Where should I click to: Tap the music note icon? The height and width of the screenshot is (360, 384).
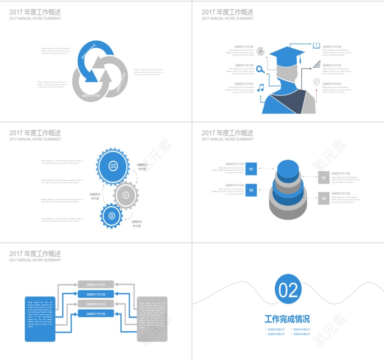click(x=261, y=87)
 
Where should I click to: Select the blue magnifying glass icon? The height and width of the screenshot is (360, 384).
click(x=260, y=69)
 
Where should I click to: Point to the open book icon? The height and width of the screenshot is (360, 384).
click(x=316, y=46)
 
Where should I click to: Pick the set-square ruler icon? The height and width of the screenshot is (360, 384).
click(x=317, y=64)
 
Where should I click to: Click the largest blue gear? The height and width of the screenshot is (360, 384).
click(x=113, y=166)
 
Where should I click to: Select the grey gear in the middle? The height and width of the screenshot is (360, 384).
click(x=126, y=196)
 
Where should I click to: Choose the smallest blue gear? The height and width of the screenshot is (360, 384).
click(x=112, y=216)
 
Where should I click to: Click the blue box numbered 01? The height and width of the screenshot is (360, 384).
click(x=251, y=169)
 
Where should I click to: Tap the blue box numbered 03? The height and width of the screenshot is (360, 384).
click(x=251, y=190)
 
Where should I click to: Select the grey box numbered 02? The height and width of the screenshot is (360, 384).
click(x=324, y=178)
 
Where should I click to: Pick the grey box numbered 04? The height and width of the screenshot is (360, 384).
click(x=324, y=198)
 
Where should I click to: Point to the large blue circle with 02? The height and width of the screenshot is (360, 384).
click(x=288, y=290)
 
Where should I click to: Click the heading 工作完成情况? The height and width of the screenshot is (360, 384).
click(x=287, y=319)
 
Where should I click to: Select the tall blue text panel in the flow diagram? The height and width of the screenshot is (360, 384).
click(x=40, y=319)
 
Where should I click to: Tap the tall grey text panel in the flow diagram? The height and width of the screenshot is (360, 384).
click(x=152, y=319)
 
